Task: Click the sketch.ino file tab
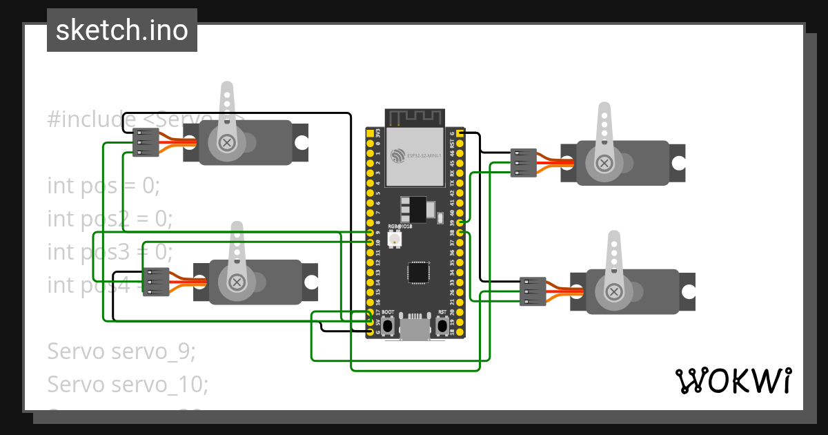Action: pos(121,30)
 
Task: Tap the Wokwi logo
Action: pos(732,380)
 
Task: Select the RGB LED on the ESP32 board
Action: pos(395,240)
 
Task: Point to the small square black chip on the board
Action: pos(417,272)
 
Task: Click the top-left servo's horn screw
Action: pos(226,143)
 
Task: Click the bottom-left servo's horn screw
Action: pos(237,282)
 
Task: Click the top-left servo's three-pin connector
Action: pos(146,143)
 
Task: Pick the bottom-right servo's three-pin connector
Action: pos(533,291)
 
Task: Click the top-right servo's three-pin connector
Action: pos(524,163)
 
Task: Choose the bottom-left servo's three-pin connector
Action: pos(156,282)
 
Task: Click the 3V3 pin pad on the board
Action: pos(371,133)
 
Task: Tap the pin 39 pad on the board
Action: pos(460,223)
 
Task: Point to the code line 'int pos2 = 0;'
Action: pos(110,219)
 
